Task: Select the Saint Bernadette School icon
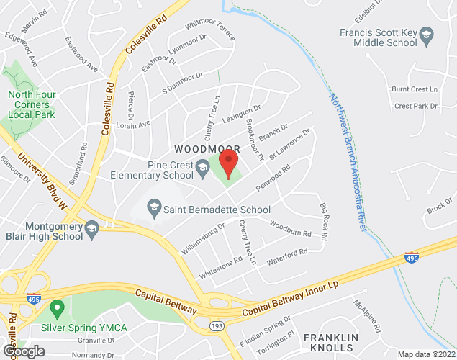coord(153,210)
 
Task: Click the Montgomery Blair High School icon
coord(91,230)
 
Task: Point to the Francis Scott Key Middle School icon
coord(427,35)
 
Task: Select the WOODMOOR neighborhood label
coord(207,148)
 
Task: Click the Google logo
coord(23,351)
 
